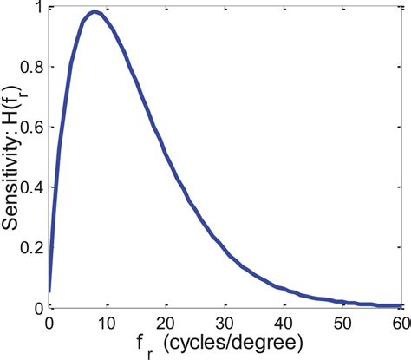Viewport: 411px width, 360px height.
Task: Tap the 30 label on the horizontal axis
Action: pyautogui.click(x=225, y=323)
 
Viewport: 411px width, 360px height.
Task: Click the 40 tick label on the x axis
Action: pyautogui.click(x=284, y=323)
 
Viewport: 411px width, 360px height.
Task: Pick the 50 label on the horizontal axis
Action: pyautogui.click(x=343, y=323)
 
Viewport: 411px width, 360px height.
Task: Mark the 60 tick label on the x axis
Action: pyautogui.click(x=400, y=323)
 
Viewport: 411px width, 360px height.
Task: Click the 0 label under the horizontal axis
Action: pyautogui.click(x=49, y=323)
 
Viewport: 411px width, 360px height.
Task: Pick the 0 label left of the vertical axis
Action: pyautogui.click(x=37, y=308)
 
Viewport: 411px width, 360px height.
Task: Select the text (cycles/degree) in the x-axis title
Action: pyautogui.click(x=238, y=343)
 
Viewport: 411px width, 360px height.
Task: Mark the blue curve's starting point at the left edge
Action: pyautogui.click(x=49, y=291)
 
